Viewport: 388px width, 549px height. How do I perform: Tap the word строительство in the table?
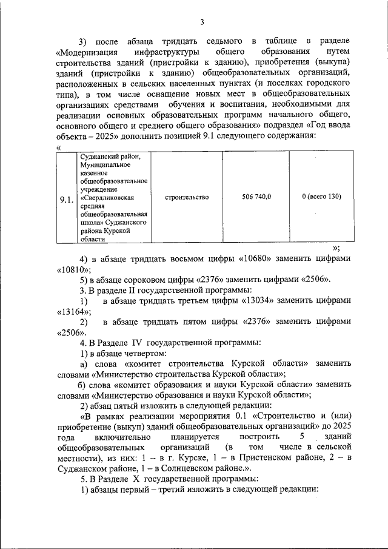tap(186, 197)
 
